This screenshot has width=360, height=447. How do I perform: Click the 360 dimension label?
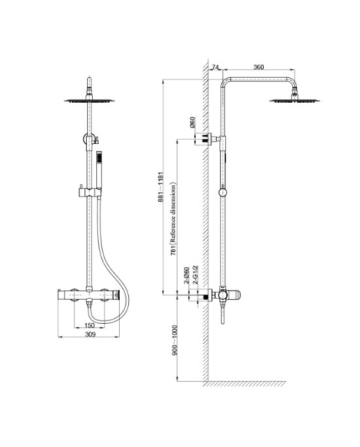pos(259,67)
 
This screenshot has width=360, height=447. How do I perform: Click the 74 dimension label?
pos(215,67)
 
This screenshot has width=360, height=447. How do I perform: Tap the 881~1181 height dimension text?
pos(161,187)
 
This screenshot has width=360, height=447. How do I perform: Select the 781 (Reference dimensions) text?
pos(173,219)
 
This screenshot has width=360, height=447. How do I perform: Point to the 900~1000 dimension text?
pos(175,340)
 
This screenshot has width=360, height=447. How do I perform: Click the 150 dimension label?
pos(89,325)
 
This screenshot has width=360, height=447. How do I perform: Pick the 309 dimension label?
pos(90,334)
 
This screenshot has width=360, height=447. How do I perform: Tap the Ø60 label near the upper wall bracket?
pos(193,122)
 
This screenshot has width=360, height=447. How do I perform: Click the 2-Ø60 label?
pos(187,275)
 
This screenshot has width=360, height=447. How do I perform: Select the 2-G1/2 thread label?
pos(195,274)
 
